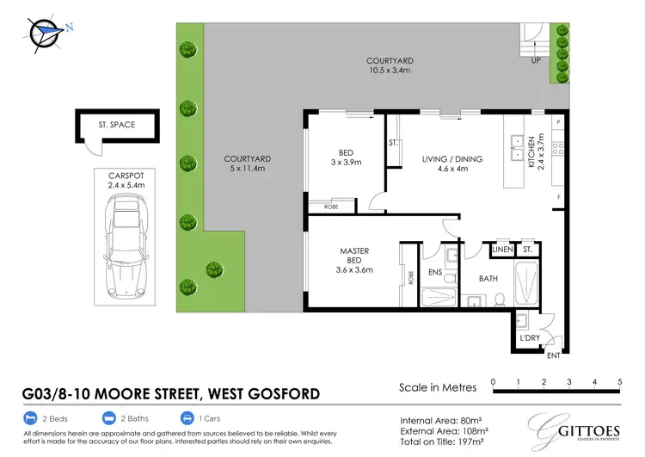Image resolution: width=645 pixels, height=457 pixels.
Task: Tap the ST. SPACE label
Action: (x=117, y=126)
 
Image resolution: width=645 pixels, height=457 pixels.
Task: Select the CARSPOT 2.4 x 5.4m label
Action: (x=120, y=179)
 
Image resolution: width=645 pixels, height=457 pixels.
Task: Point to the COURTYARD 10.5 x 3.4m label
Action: (x=391, y=66)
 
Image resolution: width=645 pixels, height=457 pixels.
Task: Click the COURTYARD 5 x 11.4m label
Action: (x=248, y=164)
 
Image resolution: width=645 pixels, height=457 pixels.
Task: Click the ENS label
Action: (x=434, y=271)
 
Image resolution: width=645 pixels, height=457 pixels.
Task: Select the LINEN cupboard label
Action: (x=501, y=250)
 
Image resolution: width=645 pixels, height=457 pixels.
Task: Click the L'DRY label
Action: (x=529, y=338)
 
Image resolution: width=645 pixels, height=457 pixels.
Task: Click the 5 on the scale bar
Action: (x=619, y=380)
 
